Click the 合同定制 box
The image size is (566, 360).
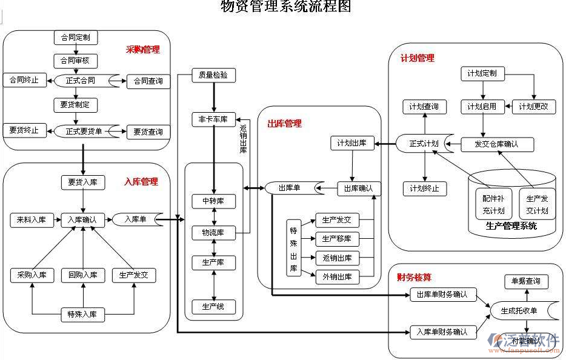point(76,38)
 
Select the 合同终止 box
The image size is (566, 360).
point(25,80)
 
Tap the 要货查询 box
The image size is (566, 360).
point(148,132)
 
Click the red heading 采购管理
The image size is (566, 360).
point(143,50)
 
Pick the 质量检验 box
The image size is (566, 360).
point(213,75)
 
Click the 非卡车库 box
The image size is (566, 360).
point(213,119)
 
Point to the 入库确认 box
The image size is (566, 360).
point(83,219)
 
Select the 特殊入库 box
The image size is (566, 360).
point(83,315)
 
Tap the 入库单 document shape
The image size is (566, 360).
point(137,219)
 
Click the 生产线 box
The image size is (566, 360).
point(213,307)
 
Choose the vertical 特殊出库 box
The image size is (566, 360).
point(294,248)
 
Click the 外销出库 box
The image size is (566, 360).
point(338,278)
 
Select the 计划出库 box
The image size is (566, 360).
point(352,144)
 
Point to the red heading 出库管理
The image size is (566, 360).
point(285,124)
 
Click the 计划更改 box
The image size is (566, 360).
point(533,107)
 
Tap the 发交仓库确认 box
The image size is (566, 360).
point(498,144)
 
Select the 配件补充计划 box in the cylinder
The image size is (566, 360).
point(489,204)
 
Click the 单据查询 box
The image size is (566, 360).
point(526,281)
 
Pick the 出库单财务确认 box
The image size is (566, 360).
point(443,295)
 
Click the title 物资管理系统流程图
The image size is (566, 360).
point(286,7)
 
